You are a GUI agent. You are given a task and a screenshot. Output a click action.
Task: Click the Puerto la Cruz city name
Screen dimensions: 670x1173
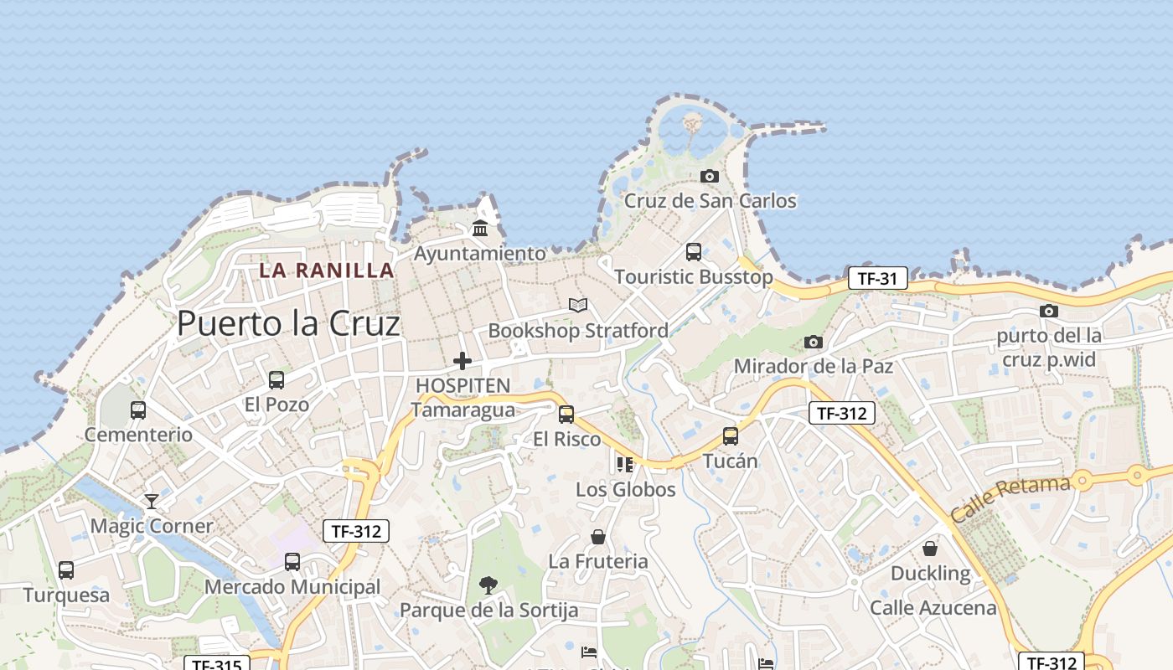coord(288,323)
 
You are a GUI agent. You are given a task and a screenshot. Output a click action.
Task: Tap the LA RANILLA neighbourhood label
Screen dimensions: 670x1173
coord(326,270)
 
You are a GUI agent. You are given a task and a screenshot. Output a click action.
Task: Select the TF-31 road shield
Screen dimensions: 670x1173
coord(877,278)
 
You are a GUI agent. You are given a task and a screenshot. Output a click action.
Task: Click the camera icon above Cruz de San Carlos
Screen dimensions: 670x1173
coord(710,176)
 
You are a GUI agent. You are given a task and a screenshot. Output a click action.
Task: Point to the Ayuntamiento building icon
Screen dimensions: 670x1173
coord(480,228)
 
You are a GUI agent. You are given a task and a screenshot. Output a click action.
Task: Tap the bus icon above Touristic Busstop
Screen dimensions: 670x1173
coord(694,251)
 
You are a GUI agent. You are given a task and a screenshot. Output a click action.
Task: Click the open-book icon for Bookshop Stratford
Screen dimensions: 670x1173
coord(578,305)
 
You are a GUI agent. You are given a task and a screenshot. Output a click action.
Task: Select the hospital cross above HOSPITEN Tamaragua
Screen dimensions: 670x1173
coord(462,361)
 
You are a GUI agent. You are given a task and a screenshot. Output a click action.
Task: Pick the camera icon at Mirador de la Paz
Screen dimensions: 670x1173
coord(814,342)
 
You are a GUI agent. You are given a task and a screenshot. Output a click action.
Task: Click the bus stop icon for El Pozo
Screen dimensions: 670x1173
coord(276,380)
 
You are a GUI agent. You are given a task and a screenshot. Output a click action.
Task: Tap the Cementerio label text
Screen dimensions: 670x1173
coord(138,435)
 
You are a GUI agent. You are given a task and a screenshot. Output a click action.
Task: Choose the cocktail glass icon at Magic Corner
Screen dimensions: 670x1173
coord(152,502)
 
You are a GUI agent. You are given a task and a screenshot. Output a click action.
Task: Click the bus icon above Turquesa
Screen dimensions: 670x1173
coord(66,570)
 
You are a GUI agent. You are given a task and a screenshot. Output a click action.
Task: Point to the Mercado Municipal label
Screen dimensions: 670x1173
coord(292,587)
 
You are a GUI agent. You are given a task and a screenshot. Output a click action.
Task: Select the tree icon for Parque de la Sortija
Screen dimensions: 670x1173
coord(488,585)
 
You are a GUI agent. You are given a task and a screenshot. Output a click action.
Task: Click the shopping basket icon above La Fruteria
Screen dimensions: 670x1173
coord(598,537)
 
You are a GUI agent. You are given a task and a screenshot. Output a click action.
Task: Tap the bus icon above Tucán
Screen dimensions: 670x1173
coord(731,435)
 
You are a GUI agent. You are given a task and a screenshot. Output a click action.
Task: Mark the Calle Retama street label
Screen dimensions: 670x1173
coord(1010,498)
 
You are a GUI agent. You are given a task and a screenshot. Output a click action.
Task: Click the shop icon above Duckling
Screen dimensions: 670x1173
coord(930,549)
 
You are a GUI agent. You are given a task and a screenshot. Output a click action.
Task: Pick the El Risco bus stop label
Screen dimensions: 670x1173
coord(566,439)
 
